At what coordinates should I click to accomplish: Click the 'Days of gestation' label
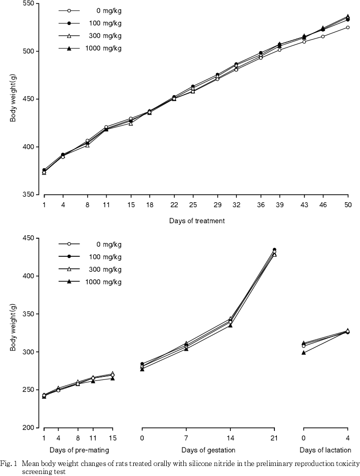(208, 450)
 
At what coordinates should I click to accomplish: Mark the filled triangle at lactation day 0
(304, 352)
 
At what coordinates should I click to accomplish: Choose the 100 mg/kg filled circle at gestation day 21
(274, 250)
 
